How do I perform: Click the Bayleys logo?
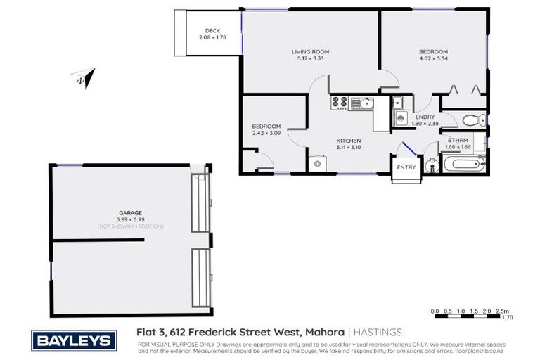[x=72, y=341]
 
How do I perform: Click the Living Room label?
[x=310, y=51]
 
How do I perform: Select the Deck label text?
[x=212, y=30]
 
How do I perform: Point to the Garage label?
[x=130, y=212]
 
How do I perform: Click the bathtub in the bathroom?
[x=463, y=165]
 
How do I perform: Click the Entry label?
[x=406, y=167]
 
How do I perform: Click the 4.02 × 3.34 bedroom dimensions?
[x=433, y=59]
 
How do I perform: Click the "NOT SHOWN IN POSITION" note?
[x=130, y=226]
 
